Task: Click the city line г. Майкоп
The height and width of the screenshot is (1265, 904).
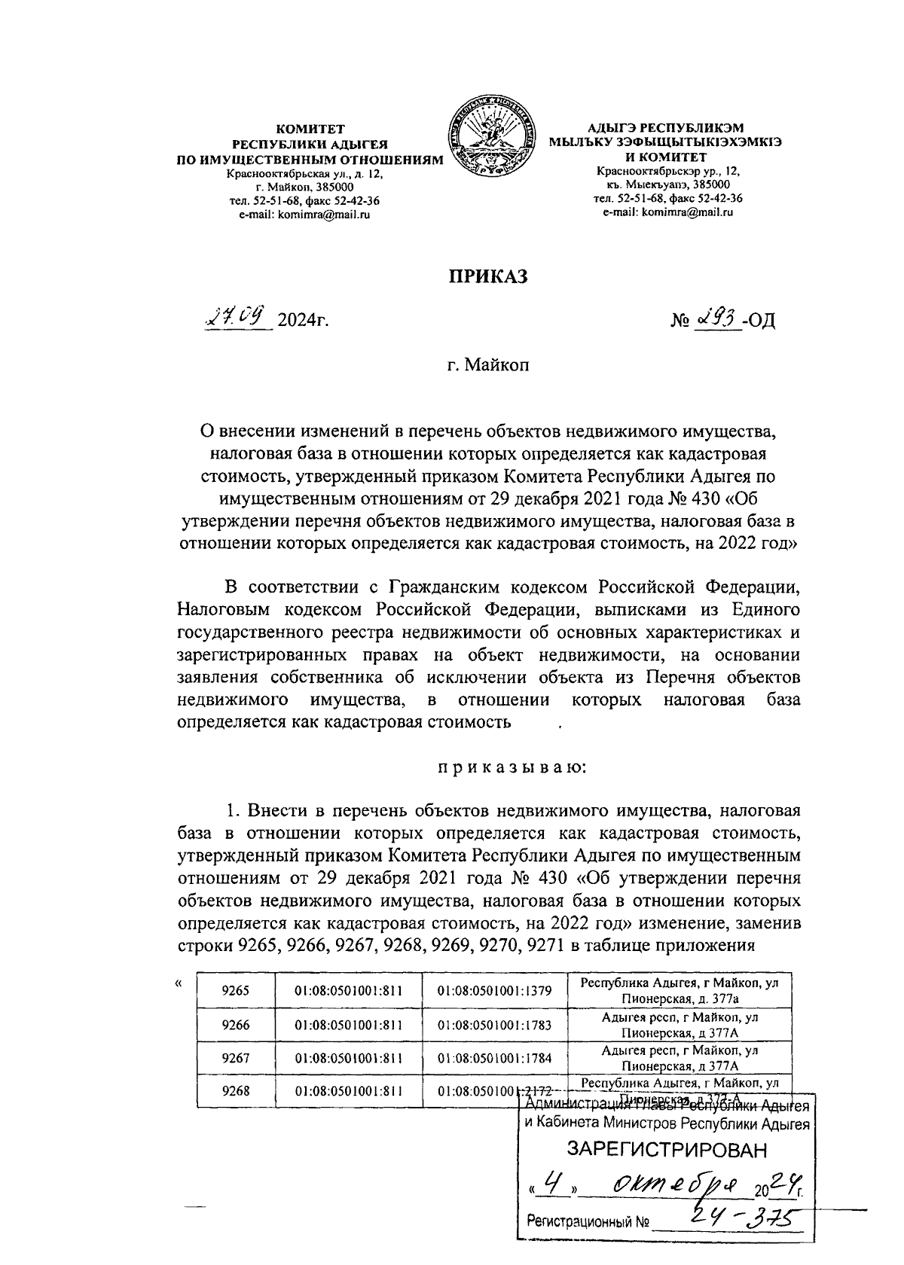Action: pos(486,367)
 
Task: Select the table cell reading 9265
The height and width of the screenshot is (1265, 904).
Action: pos(236,991)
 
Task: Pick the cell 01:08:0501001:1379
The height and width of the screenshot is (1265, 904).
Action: pos(494,991)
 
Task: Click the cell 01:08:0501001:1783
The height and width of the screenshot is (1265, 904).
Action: pos(494,1025)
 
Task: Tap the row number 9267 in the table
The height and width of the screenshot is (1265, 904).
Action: pos(236,1058)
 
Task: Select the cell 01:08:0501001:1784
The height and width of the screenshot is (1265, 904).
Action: pos(494,1058)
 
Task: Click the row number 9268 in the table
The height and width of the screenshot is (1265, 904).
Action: pos(236,1090)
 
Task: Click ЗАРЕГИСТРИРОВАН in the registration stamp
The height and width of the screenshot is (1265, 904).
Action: pos(667,1150)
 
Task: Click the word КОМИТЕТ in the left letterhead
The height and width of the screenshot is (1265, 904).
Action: pos(310,130)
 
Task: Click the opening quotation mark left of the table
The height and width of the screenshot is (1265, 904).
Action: pos(178,983)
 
